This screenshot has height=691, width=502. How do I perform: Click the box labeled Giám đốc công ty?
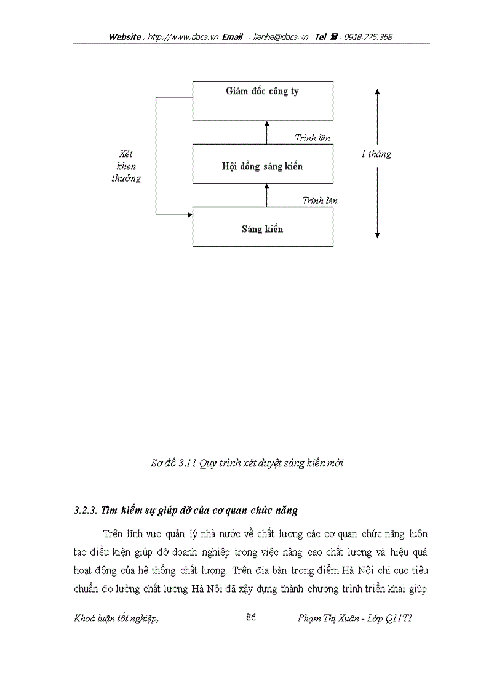click(x=263, y=100)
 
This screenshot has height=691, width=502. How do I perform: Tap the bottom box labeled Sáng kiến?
click(x=263, y=229)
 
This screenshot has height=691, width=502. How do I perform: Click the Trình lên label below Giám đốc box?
click(x=312, y=138)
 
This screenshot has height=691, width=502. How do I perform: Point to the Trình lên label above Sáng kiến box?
click(x=319, y=201)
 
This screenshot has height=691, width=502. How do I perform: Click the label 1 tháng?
click(x=376, y=154)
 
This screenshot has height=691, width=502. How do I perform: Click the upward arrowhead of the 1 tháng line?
click(x=377, y=92)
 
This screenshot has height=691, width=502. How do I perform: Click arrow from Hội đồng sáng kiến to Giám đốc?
click(x=266, y=132)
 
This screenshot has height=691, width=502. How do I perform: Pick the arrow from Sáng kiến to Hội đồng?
click(x=266, y=195)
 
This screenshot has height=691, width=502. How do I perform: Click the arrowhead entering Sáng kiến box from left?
click(x=189, y=215)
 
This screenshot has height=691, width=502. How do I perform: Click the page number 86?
click(x=250, y=618)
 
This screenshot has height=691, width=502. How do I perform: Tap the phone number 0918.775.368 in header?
click(x=368, y=37)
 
